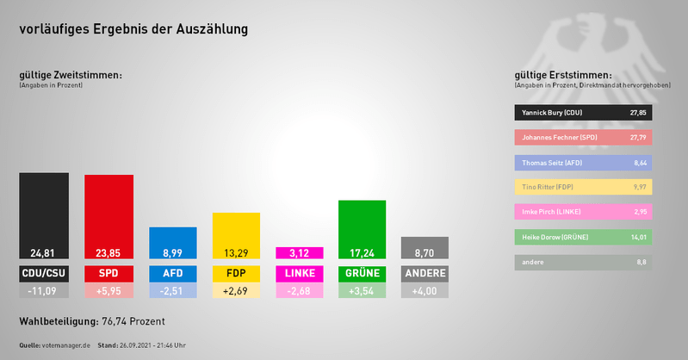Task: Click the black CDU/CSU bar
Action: [44, 215]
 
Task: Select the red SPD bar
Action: [108, 216]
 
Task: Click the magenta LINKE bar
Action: [299, 253]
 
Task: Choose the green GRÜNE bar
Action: [362, 229]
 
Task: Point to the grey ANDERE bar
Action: [425, 248]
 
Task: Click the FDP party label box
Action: [236, 274]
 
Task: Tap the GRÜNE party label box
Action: [362, 274]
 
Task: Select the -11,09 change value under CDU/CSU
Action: [44, 291]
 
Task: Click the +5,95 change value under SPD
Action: [108, 291]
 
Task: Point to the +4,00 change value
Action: [425, 291]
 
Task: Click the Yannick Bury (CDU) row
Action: [583, 112]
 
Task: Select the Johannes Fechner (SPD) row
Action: [583, 137]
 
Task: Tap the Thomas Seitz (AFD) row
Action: [583, 162]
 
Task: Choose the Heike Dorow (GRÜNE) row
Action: [583, 237]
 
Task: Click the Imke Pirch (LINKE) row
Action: [583, 212]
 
